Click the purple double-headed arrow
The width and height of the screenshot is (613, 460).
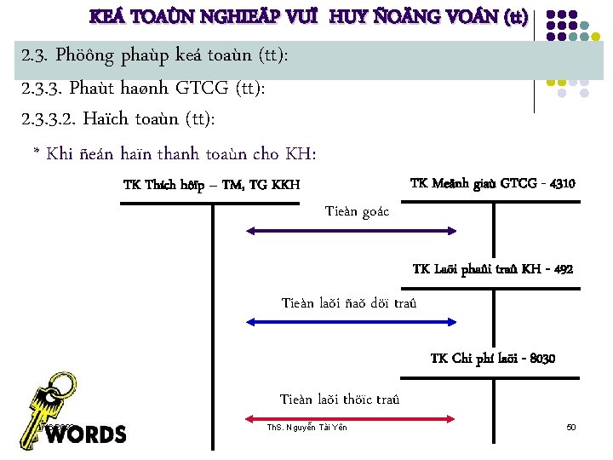point(352,230)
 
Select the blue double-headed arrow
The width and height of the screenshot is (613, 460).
point(352,321)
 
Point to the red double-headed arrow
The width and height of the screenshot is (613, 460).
point(352,418)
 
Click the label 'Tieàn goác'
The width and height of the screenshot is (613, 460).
point(357,211)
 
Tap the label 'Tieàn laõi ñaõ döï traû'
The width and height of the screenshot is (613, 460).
point(349,303)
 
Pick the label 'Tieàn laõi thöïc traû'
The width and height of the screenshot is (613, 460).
point(340,399)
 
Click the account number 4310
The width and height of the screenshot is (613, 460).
point(563,183)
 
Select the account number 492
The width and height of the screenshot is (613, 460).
point(562,269)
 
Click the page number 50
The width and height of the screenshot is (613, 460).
point(571,426)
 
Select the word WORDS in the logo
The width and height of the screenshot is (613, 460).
point(85,434)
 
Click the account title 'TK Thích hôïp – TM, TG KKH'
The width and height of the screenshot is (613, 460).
point(211,185)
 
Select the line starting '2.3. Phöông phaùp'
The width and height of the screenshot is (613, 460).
point(154,56)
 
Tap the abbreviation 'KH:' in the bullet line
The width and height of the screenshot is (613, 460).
point(300,154)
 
